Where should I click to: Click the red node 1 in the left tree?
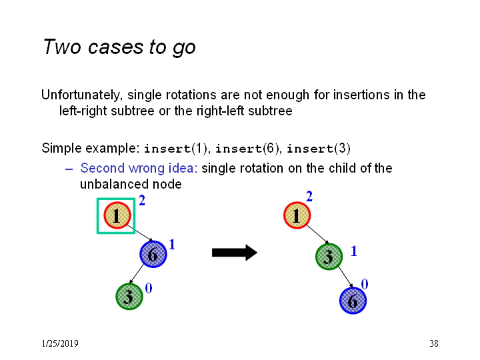click(x=117, y=215)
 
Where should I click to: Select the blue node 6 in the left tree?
click(x=153, y=254)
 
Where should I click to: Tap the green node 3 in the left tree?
click(x=129, y=296)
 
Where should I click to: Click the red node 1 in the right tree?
click(x=297, y=215)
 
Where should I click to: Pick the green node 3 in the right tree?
click(x=329, y=257)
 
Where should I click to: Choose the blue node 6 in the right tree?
click(x=353, y=301)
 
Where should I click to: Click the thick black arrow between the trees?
click(x=235, y=253)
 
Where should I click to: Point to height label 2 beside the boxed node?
click(x=142, y=201)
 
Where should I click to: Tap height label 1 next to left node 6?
click(x=172, y=244)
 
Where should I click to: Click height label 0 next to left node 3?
click(x=149, y=288)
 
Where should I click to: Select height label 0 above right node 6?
click(x=364, y=284)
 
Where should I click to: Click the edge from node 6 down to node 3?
click(x=136, y=274)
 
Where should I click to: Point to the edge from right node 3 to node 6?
click(x=345, y=277)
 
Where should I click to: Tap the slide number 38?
click(x=434, y=343)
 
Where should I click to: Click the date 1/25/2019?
click(x=60, y=343)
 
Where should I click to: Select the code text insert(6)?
click(x=247, y=149)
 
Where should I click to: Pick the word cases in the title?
click(x=116, y=47)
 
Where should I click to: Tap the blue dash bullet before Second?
click(x=69, y=169)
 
